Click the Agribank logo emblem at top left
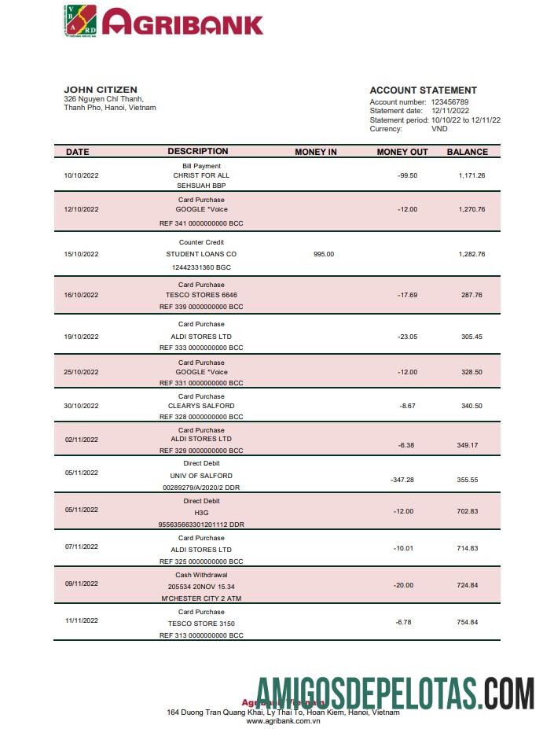click(79, 20)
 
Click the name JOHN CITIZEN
click(101, 90)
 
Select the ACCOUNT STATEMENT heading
click(423, 90)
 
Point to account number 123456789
click(449, 102)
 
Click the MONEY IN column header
click(315, 152)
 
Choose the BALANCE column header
click(467, 152)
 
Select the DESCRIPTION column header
click(197, 151)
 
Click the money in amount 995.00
click(324, 254)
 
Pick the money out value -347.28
click(402, 479)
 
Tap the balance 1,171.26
click(471, 175)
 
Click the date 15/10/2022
click(82, 254)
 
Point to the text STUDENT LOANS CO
click(201, 254)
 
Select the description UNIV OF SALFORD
click(201, 476)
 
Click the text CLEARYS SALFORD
click(201, 406)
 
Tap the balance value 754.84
click(468, 622)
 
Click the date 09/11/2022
click(82, 584)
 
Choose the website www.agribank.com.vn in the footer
click(283, 721)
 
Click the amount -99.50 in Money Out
click(407, 175)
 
